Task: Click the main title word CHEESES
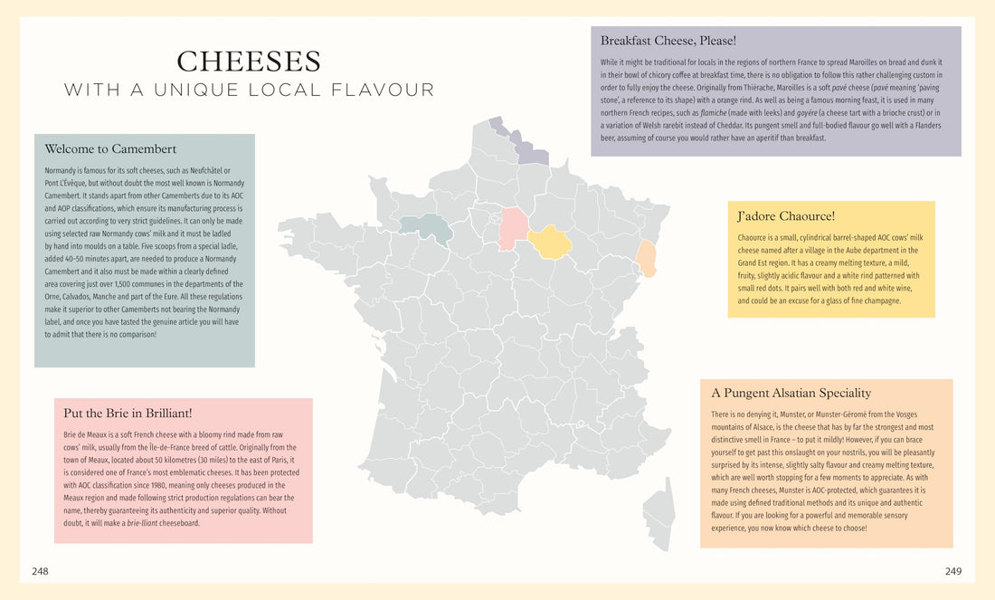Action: (x=249, y=62)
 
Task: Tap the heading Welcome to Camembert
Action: (x=110, y=149)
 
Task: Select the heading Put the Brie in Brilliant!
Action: (x=128, y=414)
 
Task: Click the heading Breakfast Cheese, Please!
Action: (x=668, y=41)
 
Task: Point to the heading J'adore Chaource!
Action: (x=786, y=216)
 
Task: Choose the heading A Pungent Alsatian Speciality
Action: (x=791, y=393)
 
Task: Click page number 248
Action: (x=40, y=571)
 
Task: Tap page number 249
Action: (x=953, y=571)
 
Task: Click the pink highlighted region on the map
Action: (x=514, y=228)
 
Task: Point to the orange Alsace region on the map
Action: (x=647, y=257)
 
